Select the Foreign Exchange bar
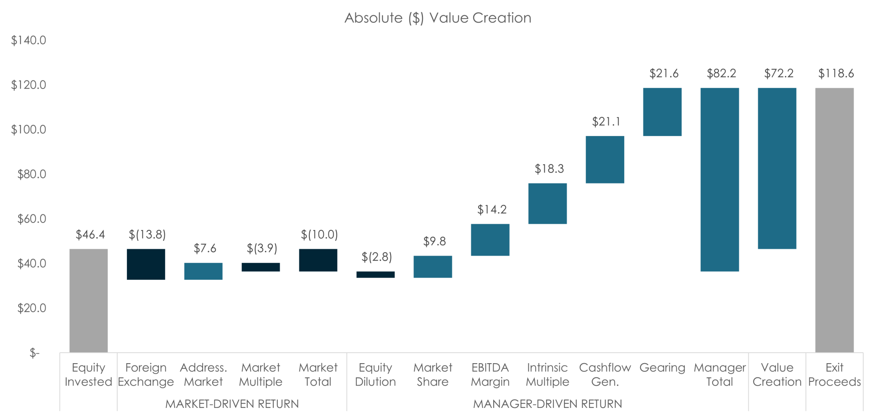point(146,264)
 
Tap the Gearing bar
point(662,112)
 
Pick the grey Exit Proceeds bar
point(834,219)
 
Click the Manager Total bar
point(720,180)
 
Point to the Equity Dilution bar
point(375,275)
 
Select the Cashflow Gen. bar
point(605,160)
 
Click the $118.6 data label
point(836,73)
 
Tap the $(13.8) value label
point(147,235)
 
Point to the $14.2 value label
point(491,210)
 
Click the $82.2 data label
point(721,73)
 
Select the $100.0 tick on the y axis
point(29,130)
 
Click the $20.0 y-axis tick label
point(31,308)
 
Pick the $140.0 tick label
point(29,41)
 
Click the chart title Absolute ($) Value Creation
point(438,18)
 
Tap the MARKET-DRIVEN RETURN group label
point(232,404)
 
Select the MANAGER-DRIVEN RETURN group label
point(547,404)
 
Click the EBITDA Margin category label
point(490,375)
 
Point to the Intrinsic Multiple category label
point(547,375)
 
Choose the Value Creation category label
point(777,375)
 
